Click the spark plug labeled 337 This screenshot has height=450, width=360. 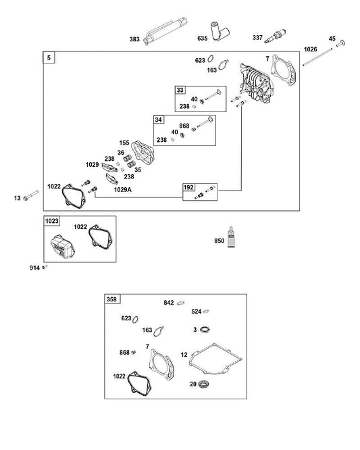coord(274,36)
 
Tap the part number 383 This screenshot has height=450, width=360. coord(134,39)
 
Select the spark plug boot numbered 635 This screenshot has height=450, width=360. coord(220,31)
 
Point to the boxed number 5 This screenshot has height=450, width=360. coord(49,57)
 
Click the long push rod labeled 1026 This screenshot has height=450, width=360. coord(317,57)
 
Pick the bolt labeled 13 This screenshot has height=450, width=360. coord(30,195)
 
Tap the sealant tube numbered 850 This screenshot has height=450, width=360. coord(231,237)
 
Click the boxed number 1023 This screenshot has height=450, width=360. coord(51,221)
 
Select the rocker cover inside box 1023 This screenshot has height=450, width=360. coord(63,247)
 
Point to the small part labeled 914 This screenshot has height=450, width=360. coord(45,267)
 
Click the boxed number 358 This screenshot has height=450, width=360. coord(112,299)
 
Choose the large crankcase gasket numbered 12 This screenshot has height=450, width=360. coord(215,359)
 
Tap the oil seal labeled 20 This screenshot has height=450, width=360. coord(203,383)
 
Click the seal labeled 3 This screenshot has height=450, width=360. coord(205,330)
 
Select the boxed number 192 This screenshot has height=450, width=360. coord(188,187)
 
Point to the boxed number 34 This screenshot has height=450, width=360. coord(159,120)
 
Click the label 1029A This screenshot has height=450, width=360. coord(123,189)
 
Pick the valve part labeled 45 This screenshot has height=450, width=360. coord(341,43)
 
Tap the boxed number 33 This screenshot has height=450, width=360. coord(180,90)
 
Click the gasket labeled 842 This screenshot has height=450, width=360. coord(180,303)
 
